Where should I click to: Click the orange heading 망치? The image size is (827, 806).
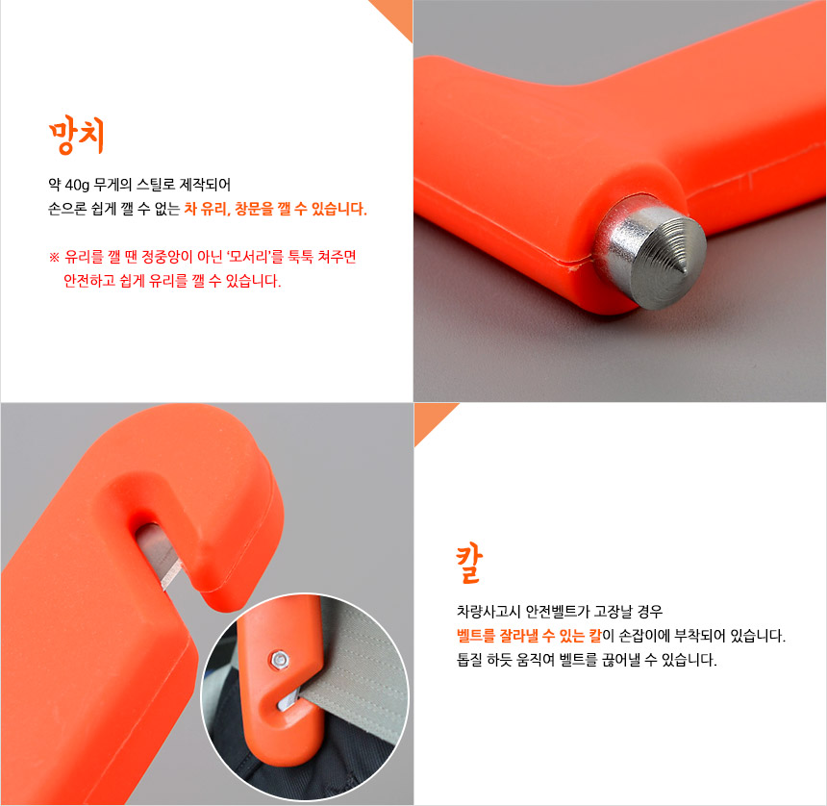click(x=76, y=135)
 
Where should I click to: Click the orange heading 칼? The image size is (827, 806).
click(x=469, y=565)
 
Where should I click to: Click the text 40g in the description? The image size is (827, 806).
click(x=77, y=185)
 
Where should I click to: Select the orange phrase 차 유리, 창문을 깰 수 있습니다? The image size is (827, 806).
click(x=275, y=209)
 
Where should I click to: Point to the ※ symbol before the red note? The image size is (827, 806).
click(x=54, y=258)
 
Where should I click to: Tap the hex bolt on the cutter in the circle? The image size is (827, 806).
click(x=278, y=660)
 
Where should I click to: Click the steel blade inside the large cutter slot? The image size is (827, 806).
click(x=160, y=558)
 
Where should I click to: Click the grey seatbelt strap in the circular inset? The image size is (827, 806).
click(x=359, y=670)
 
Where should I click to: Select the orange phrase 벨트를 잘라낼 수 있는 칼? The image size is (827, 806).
click(x=529, y=636)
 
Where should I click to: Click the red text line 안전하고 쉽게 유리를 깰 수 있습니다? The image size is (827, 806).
click(x=172, y=281)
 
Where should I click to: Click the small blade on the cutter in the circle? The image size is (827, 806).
click(x=288, y=701)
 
